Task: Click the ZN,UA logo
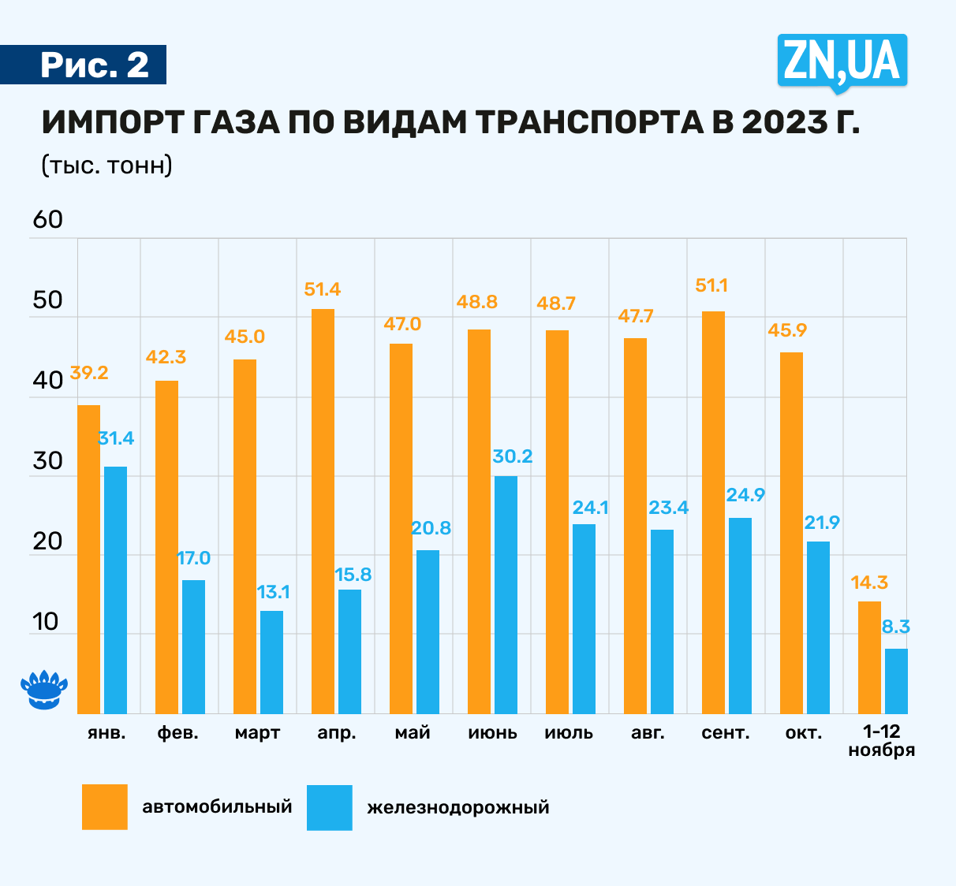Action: pyautogui.click(x=842, y=60)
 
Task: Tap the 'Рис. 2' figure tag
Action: pyautogui.click(x=94, y=65)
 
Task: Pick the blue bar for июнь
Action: pyautogui.click(x=506, y=594)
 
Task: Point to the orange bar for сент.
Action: pyautogui.click(x=713, y=512)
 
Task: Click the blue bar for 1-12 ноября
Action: pyautogui.click(x=896, y=681)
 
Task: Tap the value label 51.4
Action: pyautogui.click(x=323, y=289)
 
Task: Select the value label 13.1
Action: pyautogui.click(x=274, y=592)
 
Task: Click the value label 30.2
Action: pyautogui.click(x=512, y=456)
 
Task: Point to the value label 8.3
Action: pyautogui.click(x=896, y=627)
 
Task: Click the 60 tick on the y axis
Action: pyautogui.click(x=47, y=220)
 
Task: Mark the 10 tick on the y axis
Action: pyautogui.click(x=46, y=622)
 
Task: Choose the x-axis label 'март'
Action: pyautogui.click(x=257, y=733)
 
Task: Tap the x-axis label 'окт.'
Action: pyautogui.click(x=803, y=733)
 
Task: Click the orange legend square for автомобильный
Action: pyautogui.click(x=105, y=806)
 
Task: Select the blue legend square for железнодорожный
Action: pyautogui.click(x=330, y=806)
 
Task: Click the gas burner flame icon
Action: pyautogui.click(x=43, y=691)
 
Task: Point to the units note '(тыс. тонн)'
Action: pyautogui.click(x=106, y=166)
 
